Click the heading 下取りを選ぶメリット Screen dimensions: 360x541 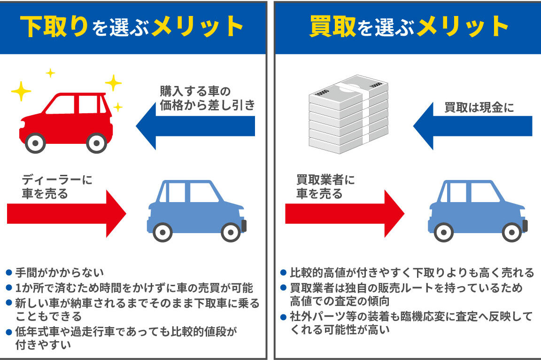[133, 26]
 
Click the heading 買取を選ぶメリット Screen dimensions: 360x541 [409, 26]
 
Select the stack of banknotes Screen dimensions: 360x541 [348, 115]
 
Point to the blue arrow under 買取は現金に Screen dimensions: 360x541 [472, 126]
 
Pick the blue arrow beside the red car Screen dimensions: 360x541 [195, 126]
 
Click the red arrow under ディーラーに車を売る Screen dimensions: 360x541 [66, 213]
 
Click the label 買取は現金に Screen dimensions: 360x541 [479, 108]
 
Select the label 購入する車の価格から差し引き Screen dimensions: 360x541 [207, 98]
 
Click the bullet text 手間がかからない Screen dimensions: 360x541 [59, 272]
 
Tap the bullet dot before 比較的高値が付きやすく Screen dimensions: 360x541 [283, 272]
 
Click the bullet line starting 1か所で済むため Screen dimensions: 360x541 [134, 287]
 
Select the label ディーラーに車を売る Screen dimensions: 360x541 [57, 187]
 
